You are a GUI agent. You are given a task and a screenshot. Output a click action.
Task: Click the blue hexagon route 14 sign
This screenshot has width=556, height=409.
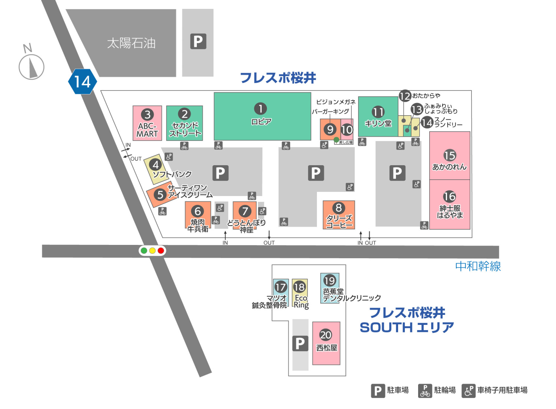click(82, 82)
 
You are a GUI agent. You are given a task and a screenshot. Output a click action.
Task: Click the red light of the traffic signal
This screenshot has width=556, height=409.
click(161, 251)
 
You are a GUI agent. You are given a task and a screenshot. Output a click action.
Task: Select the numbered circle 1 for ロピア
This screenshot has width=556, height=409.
click(260, 109)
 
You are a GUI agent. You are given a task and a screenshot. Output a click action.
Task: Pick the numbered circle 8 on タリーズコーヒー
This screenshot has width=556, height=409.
click(338, 208)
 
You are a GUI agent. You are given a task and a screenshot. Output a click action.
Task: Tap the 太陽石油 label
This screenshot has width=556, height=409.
click(131, 43)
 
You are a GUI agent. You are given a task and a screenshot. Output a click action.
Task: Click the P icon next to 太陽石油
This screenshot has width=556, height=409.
click(198, 41)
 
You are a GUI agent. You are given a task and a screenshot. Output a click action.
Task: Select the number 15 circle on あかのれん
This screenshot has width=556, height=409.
click(450, 156)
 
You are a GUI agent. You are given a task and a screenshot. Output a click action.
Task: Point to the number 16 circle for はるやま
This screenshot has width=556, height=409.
click(450, 196)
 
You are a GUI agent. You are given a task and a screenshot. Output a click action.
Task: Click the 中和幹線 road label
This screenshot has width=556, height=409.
click(478, 266)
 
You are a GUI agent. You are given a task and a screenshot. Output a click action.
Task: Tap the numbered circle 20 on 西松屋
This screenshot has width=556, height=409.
click(325, 335)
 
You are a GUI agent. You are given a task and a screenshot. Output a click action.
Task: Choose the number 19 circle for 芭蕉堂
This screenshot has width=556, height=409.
click(330, 280)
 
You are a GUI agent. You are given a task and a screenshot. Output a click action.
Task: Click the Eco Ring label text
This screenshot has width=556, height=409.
click(301, 302)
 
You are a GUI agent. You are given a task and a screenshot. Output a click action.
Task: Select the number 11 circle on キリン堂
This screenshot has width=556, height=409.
click(378, 112)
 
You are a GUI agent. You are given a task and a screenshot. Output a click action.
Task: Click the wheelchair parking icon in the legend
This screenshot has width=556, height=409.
click(469, 390)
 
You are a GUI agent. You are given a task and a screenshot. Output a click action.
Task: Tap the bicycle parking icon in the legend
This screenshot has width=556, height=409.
click(425, 390)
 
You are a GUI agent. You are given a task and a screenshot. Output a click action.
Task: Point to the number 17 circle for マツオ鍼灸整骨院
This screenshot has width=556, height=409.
click(281, 287)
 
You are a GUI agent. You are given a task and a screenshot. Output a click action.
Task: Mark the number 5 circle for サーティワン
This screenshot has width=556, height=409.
click(160, 194)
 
